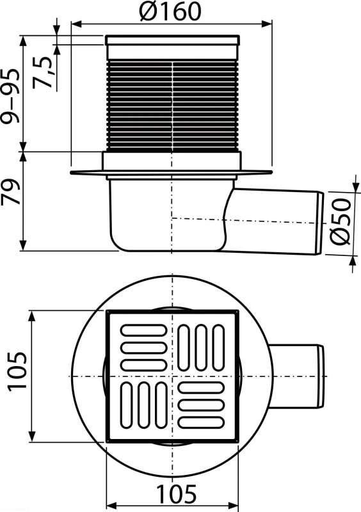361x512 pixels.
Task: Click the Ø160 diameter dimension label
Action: pos(170,12)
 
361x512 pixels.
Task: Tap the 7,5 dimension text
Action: pos(44,72)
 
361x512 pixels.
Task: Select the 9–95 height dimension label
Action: pos(10,95)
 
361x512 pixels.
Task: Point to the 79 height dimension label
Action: pos(10,191)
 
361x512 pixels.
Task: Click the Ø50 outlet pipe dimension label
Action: pos(341,221)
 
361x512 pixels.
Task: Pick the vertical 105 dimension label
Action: pos(17,371)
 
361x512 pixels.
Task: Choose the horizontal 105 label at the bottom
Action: pos(177,493)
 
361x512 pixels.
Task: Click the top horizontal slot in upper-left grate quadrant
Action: pos(144,330)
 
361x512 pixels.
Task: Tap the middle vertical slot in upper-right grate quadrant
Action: pos(201,348)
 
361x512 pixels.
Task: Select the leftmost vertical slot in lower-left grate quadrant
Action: pos(127,405)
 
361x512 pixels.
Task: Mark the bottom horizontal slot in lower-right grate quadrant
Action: pos(201,422)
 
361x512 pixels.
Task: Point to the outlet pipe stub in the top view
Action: pos(296,376)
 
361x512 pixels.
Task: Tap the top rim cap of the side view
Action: pos(172,40)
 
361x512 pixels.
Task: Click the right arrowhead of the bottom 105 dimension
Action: pos(233,506)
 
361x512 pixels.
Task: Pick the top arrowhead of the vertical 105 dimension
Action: pos(32,316)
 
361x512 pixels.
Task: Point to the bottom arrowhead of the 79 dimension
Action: pos(23,246)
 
